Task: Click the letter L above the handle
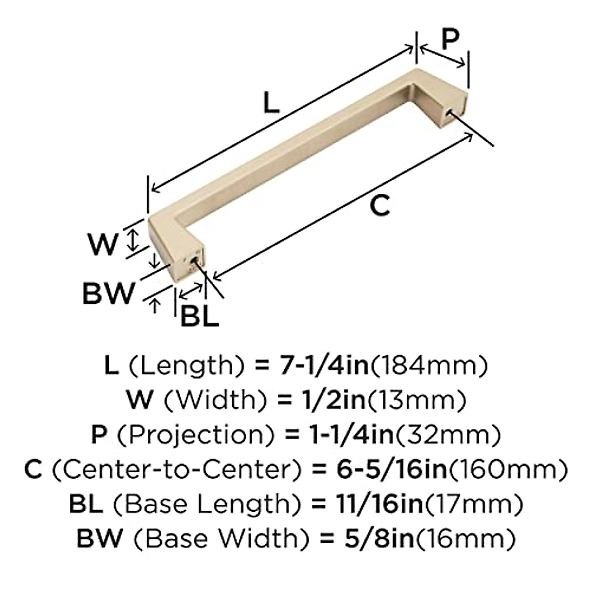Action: pyautogui.click(x=271, y=103)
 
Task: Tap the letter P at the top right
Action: pyautogui.click(x=449, y=39)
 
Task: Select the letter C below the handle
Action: pyautogui.click(x=380, y=205)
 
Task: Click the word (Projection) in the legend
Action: pyautogui.click(x=195, y=434)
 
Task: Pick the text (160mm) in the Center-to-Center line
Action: pyautogui.click(x=507, y=469)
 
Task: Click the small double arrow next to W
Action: pyautogui.click(x=131, y=240)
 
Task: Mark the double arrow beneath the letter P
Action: pyautogui.click(x=442, y=57)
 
